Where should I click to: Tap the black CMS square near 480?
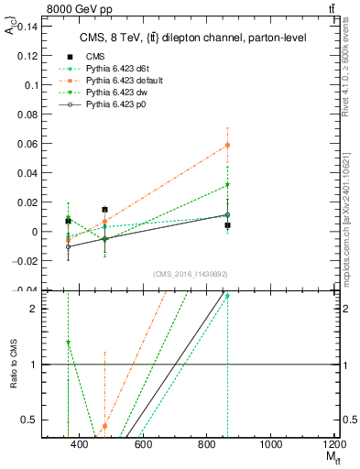104,210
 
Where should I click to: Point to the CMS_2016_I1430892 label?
191,273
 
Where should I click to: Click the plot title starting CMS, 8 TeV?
190,38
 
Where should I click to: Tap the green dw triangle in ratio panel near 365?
69,343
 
